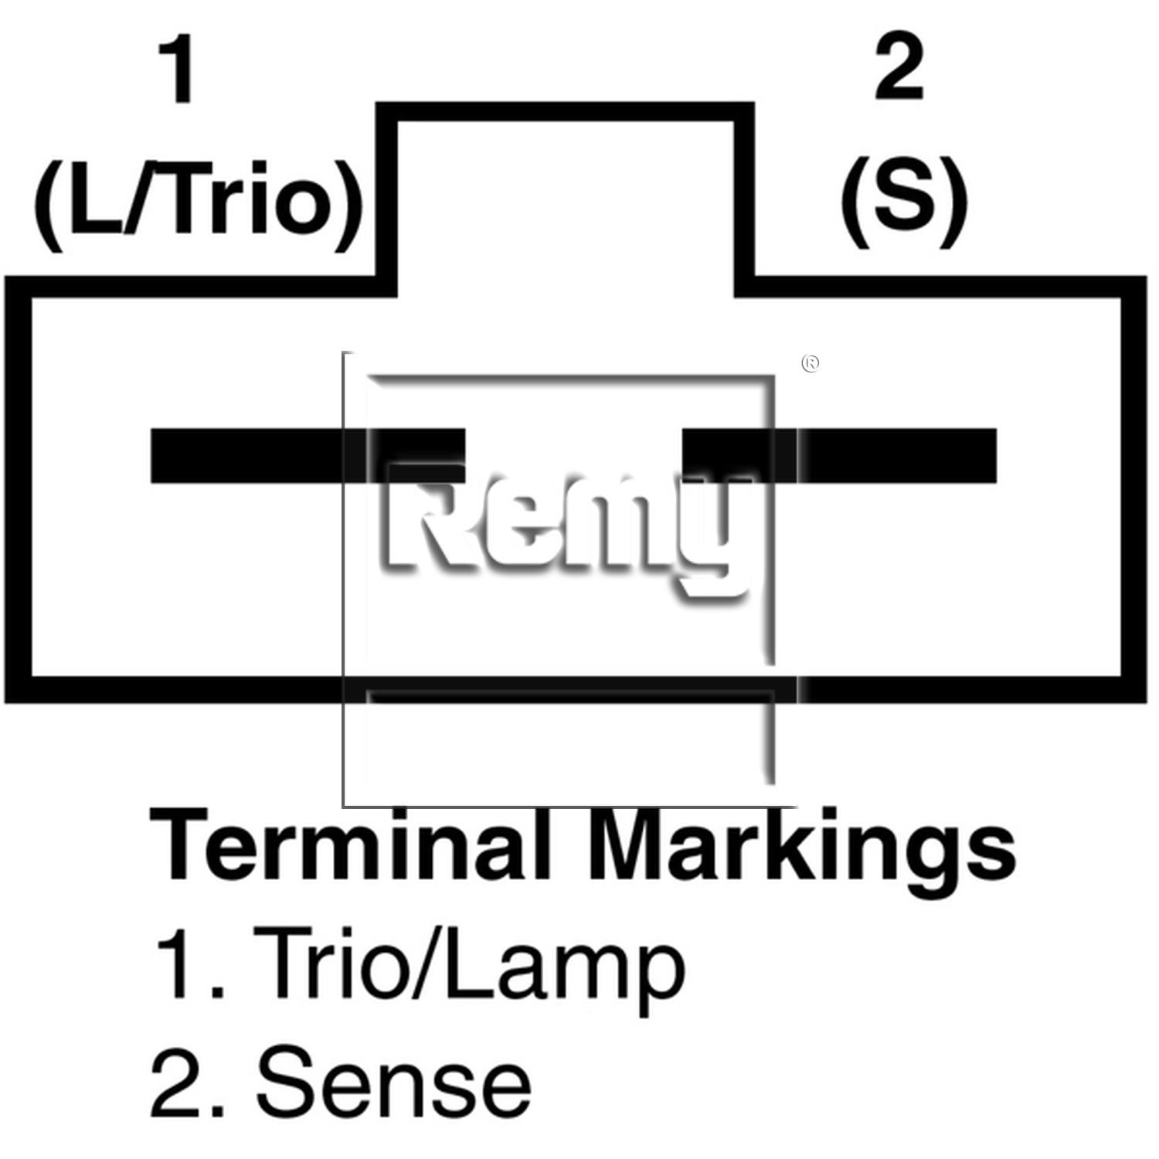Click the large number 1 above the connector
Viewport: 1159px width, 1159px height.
click(x=179, y=70)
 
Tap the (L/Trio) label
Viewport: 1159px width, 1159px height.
click(x=198, y=205)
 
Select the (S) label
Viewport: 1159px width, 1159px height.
click(x=904, y=202)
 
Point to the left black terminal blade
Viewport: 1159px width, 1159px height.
click(x=308, y=456)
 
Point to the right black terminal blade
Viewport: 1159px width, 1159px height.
click(x=839, y=456)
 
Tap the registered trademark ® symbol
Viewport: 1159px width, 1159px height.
click(x=811, y=363)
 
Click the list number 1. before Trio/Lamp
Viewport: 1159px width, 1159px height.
click(x=191, y=963)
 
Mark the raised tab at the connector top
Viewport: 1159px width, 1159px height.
click(x=566, y=112)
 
